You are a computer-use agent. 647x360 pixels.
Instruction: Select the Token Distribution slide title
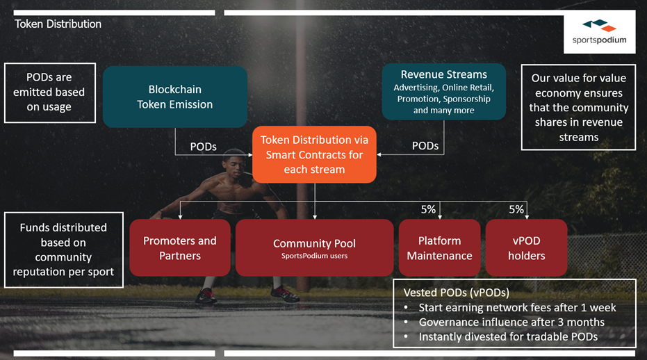(58, 24)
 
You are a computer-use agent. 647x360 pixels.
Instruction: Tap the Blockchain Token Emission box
(175, 97)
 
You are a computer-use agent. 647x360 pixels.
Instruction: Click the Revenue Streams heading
(444, 74)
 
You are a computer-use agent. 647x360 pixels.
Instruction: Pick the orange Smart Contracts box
(314, 154)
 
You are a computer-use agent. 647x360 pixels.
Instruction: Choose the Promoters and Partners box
(180, 247)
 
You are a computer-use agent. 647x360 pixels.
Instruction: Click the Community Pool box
(314, 247)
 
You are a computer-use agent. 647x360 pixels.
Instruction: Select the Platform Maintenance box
(439, 247)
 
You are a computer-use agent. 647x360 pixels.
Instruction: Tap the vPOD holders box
(527, 247)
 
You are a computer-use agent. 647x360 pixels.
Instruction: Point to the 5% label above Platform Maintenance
(428, 209)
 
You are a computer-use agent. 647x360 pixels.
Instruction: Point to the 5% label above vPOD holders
(516, 209)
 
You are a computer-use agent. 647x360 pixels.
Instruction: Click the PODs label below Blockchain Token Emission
(204, 147)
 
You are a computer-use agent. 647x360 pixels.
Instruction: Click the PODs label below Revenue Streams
(425, 146)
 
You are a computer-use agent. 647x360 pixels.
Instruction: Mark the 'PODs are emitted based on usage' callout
(50, 93)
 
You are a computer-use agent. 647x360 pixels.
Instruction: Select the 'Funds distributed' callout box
(63, 249)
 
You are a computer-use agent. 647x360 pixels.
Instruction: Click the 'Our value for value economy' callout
(578, 107)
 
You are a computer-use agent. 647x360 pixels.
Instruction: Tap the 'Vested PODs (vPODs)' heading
(457, 293)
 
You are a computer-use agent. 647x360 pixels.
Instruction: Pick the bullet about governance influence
(505, 322)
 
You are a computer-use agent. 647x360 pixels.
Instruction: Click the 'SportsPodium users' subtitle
(314, 256)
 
